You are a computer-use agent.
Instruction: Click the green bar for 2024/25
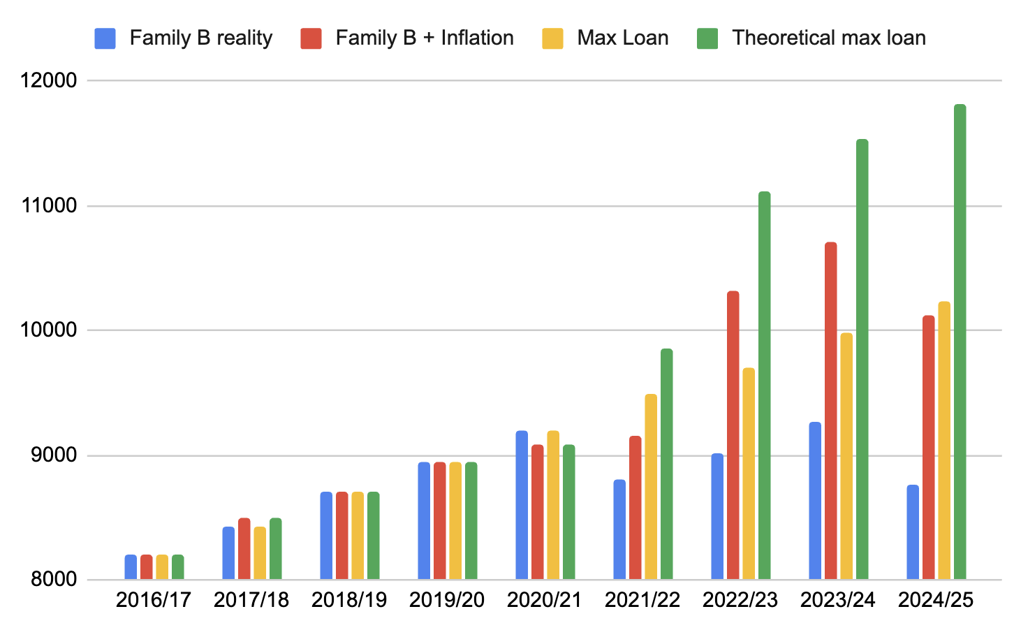[960, 342]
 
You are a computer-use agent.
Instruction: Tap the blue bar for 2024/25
[913, 532]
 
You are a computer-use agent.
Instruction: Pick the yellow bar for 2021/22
[651, 487]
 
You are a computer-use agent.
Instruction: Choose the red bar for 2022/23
[733, 435]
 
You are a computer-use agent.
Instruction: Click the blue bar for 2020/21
[522, 505]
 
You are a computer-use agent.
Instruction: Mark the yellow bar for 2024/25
[944, 441]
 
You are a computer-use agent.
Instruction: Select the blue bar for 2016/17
[131, 567]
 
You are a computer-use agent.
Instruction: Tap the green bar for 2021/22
[666, 464]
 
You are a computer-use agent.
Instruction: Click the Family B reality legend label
[201, 38]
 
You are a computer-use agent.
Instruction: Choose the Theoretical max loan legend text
[829, 38]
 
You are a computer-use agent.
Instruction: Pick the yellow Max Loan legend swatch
[552, 38]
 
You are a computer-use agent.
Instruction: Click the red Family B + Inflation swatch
[311, 38]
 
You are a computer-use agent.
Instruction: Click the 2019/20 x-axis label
[447, 600]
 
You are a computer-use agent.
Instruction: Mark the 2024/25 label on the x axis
[936, 600]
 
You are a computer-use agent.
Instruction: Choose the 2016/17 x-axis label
[154, 600]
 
